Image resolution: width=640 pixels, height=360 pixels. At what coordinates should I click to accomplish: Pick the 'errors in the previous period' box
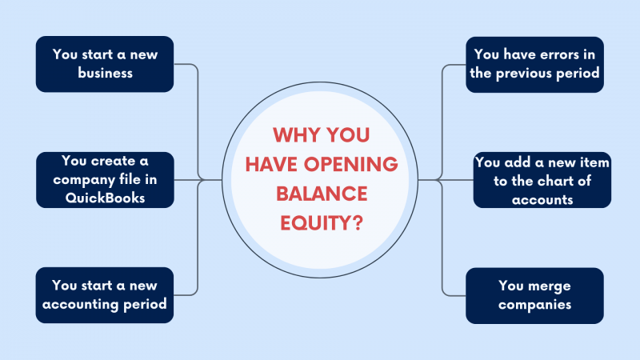click(534, 64)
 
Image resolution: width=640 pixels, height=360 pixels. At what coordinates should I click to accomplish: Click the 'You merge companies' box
click(534, 294)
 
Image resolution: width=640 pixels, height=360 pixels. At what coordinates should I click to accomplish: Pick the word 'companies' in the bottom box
click(534, 304)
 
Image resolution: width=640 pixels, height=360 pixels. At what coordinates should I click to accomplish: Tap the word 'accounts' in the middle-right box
click(543, 199)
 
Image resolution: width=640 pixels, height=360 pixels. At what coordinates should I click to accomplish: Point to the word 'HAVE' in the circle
click(270, 164)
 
